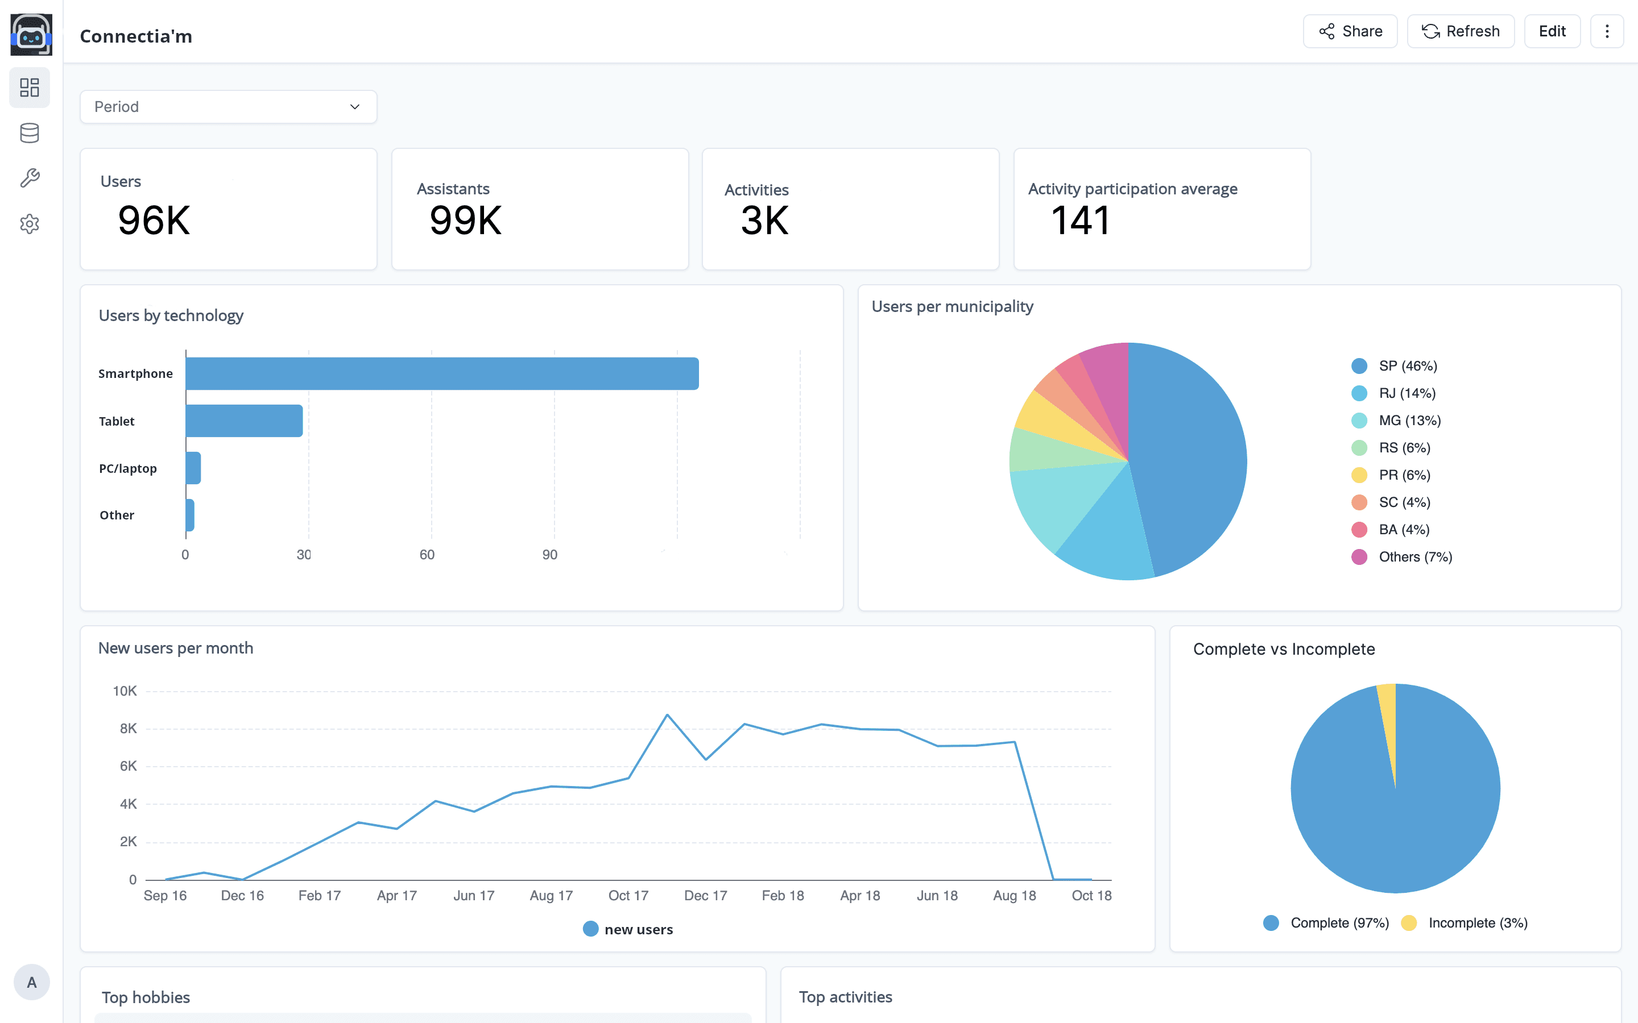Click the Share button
(x=1350, y=31)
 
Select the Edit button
(x=1552, y=31)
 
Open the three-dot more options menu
(x=1607, y=31)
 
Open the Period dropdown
(x=229, y=107)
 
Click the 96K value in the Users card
(x=154, y=221)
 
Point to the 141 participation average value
(x=1080, y=221)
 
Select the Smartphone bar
(x=442, y=373)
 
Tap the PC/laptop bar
(x=193, y=468)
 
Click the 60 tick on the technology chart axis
(x=427, y=555)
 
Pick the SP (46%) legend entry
(x=1395, y=366)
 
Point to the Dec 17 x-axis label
(x=705, y=896)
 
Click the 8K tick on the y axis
(x=128, y=729)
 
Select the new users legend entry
(x=628, y=929)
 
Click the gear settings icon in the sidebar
(x=30, y=224)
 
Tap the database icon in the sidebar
(x=30, y=134)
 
